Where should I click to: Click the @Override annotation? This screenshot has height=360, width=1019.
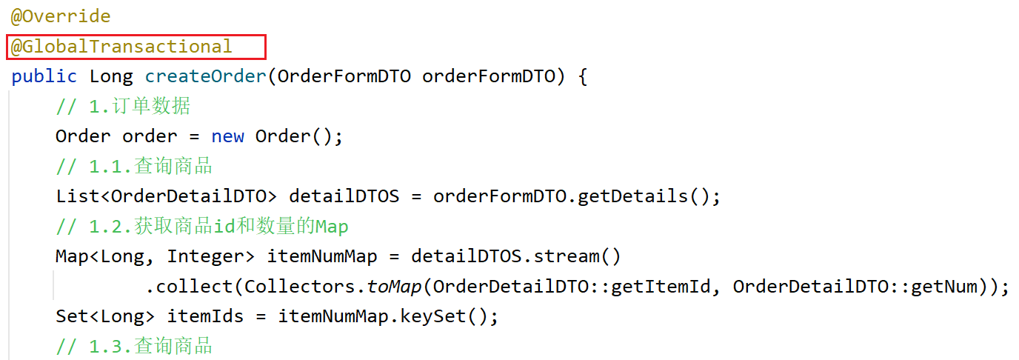(x=60, y=16)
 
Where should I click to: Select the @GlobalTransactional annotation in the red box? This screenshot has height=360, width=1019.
(x=121, y=47)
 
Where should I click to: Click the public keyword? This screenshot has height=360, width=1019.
(x=44, y=76)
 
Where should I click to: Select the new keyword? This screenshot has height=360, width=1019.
(x=227, y=136)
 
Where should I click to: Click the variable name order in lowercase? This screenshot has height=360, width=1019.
(x=150, y=136)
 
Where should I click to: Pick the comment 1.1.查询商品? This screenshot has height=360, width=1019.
(x=134, y=166)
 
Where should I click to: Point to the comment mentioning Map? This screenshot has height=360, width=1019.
(x=201, y=226)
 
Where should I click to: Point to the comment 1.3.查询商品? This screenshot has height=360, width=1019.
(x=134, y=346)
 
